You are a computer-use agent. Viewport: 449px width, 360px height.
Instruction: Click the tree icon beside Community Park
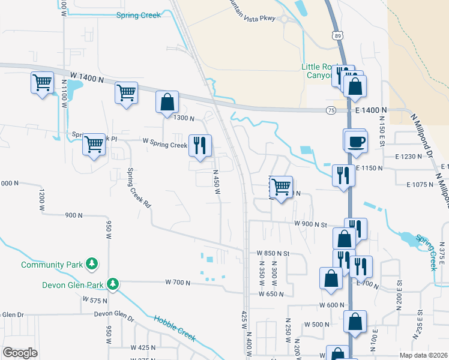[92, 263]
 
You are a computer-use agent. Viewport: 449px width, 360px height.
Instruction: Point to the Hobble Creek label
[175, 328]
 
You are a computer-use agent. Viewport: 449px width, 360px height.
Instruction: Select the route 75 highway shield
[331, 110]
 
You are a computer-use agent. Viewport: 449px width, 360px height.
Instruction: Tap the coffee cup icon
[355, 141]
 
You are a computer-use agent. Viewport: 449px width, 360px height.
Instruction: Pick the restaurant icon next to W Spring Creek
[199, 145]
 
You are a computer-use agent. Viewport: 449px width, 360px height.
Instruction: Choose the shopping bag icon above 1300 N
[167, 102]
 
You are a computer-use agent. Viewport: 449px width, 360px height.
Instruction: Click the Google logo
[20, 353]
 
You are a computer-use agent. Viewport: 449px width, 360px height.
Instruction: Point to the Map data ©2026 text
[424, 355]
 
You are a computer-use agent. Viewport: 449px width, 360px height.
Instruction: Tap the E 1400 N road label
[369, 110]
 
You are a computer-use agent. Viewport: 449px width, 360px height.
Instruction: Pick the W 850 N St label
[273, 254]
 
